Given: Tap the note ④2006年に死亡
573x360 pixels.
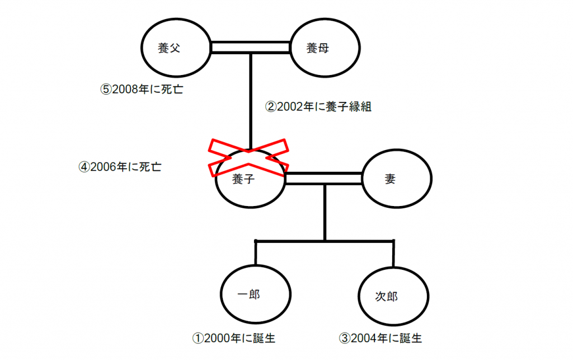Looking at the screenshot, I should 120,167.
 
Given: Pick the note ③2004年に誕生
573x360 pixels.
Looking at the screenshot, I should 381,338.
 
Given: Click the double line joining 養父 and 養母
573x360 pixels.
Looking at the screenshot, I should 250,48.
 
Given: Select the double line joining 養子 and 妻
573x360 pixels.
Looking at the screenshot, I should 324,178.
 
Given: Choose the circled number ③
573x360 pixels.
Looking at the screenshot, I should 344,338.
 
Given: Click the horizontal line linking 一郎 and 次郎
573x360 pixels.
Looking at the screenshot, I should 325,241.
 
